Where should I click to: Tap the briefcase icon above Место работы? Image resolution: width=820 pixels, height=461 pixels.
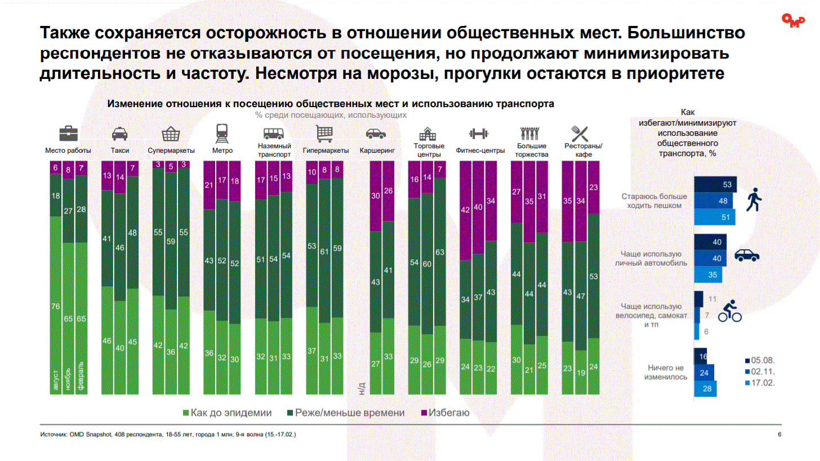point(69,134)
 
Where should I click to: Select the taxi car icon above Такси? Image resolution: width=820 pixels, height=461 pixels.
point(119,134)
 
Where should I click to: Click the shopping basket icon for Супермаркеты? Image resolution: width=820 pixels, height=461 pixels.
point(171,134)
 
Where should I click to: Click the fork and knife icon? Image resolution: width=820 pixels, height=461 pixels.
point(580,134)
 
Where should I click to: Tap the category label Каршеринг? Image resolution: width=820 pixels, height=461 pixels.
point(376,150)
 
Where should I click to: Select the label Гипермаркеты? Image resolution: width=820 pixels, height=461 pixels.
point(326,150)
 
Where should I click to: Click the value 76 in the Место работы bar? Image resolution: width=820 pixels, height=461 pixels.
point(55,306)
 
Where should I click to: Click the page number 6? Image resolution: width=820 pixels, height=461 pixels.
point(779,435)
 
